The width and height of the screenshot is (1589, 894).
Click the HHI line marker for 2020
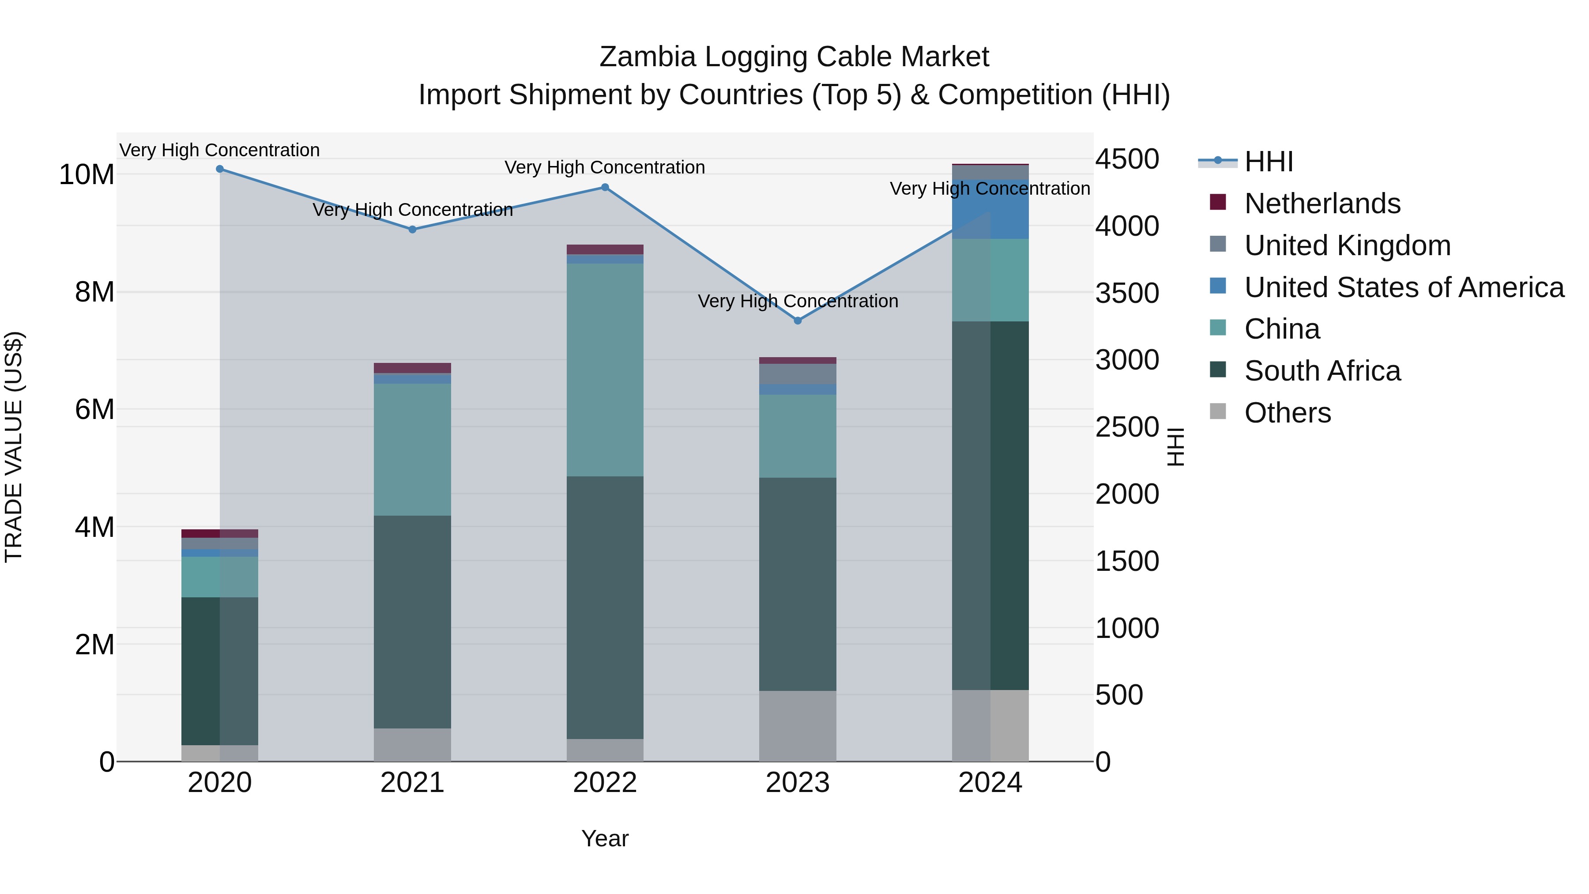220,169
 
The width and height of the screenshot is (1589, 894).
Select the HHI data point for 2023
798,321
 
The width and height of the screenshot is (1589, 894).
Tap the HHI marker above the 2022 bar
605,188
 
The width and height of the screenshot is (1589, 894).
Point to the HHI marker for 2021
413,230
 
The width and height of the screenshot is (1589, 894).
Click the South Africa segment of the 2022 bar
605,608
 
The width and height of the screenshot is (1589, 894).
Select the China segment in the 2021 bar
413,450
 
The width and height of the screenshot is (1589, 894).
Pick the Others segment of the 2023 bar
798,726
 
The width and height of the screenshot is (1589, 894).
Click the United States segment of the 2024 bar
990,210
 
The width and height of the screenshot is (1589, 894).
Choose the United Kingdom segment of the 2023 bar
798,374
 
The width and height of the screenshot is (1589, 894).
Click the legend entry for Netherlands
1322,204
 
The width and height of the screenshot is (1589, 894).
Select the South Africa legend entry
1322,371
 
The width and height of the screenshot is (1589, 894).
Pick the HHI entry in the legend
1268,162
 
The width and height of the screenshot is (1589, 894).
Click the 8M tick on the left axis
94,292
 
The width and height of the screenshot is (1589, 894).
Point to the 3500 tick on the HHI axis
1127,293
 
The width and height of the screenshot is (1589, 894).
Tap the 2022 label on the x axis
605,783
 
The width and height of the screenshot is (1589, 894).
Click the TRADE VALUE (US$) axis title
14,447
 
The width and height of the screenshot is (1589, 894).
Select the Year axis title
605,838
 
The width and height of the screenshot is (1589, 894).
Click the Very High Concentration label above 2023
798,301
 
